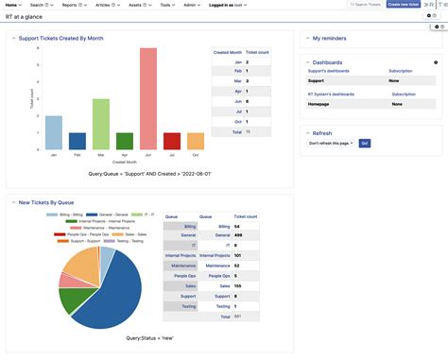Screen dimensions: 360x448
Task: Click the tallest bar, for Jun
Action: [148, 99]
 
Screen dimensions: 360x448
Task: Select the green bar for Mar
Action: [101, 125]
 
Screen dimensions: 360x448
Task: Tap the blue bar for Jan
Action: [54, 133]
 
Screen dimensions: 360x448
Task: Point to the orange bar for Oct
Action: [196, 142]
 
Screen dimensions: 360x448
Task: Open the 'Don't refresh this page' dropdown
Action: [331, 143]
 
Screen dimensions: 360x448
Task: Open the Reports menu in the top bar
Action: [71, 5]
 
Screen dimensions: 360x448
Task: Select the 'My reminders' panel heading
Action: [331, 38]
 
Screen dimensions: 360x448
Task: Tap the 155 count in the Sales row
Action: [237, 285]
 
